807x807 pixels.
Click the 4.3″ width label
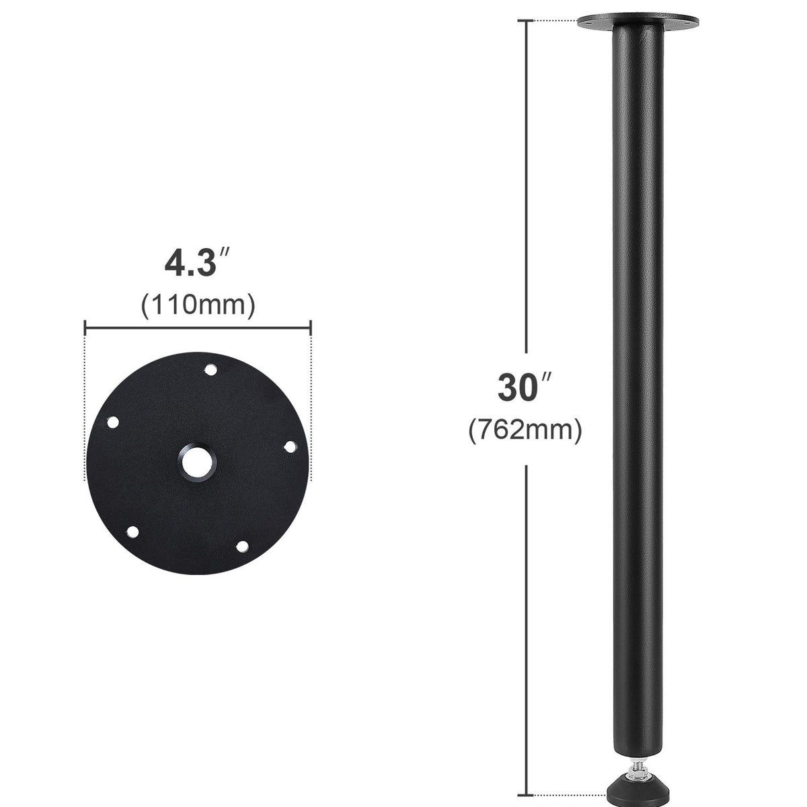(197, 263)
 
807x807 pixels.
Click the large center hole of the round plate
(198, 462)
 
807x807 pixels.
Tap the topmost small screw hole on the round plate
(210, 370)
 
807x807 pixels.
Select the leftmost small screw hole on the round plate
(113, 422)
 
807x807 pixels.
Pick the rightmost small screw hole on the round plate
(291, 447)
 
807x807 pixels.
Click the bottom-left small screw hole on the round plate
(132, 532)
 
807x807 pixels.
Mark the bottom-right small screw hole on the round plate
(243, 547)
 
